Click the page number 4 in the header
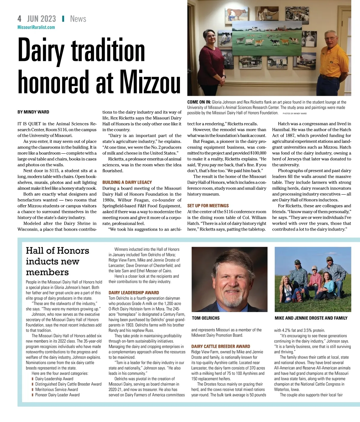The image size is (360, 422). click(19, 19)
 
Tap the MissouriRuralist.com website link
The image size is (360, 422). click(36, 27)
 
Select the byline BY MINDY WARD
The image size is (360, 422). click(33, 112)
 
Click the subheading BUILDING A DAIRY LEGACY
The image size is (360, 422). click(127, 182)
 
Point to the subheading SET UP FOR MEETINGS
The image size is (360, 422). click(208, 206)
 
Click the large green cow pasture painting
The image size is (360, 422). click(262, 39)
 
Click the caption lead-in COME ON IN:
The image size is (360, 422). click(199, 102)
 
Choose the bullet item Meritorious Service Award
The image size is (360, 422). click(56, 390)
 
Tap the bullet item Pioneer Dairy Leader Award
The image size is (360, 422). click(57, 395)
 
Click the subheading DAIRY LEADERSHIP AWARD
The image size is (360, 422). click(134, 293)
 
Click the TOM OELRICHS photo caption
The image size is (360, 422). click(206, 318)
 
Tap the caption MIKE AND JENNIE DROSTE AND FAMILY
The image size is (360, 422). click(311, 318)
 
